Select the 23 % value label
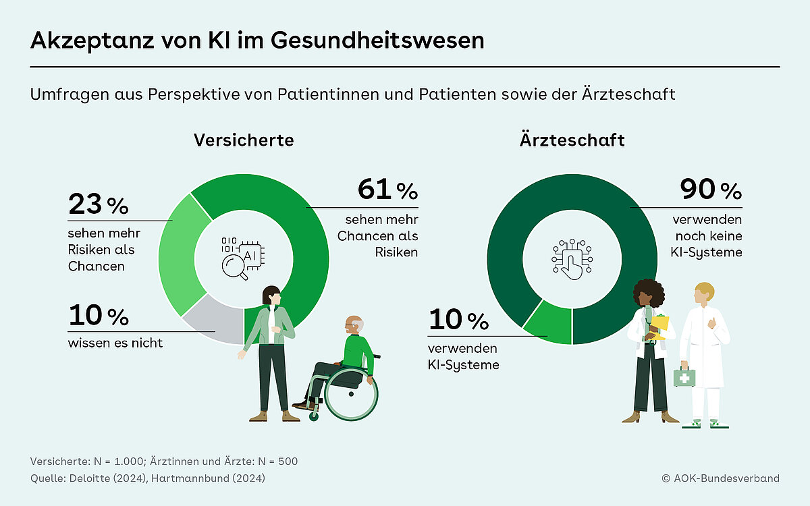point(98,204)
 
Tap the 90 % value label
point(711,190)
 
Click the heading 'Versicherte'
point(244,140)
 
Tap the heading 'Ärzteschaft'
point(572,140)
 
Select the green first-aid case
point(684,377)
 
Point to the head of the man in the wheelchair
point(353,325)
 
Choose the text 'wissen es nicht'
point(115,343)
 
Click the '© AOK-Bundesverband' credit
point(720,478)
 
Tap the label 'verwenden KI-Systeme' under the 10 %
point(464,357)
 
